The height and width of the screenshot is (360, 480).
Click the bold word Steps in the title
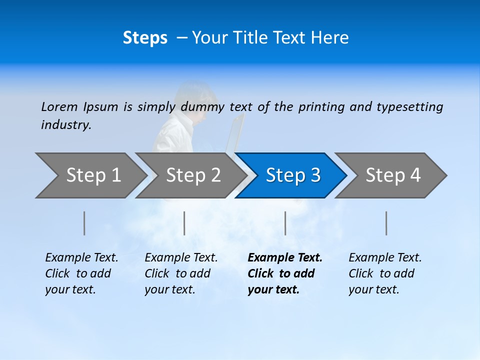[x=145, y=38]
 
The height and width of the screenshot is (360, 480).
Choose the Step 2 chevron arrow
[x=191, y=175]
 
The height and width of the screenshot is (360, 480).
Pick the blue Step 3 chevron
[x=291, y=175]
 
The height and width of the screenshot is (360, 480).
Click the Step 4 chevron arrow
[x=391, y=175]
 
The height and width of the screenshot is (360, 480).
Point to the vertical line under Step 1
[x=84, y=223]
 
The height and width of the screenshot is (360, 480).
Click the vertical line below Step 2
[x=184, y=223]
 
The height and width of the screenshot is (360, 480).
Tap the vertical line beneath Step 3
[x=285, y=223]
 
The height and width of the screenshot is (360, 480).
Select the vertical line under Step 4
[x=386, y=223]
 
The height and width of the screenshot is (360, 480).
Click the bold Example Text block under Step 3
[x=285, y=273]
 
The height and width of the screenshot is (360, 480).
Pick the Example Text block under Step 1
[x=81, y=273]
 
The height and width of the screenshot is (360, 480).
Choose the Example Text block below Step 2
[x=181, y=273]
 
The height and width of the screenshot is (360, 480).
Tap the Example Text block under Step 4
[x=385, y=273]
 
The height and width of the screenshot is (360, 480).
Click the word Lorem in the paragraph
[x=59, y=106]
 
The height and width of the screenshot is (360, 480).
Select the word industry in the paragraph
[x=66, y=125]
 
